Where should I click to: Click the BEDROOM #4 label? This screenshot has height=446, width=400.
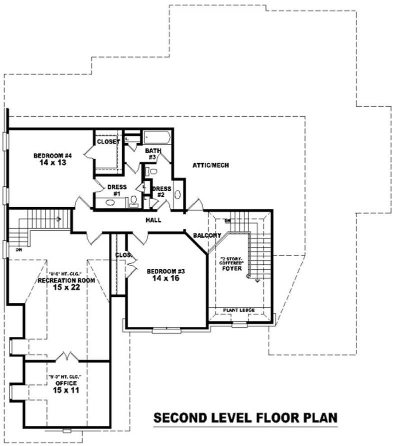point(49,155)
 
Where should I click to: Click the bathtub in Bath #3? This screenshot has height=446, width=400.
point(157,137)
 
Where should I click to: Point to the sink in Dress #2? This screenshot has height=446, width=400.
point(177,199)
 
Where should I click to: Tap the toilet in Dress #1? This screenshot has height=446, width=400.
point(133,201)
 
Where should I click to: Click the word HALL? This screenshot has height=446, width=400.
point(153,220)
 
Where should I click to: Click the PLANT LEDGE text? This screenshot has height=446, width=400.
point(241,310)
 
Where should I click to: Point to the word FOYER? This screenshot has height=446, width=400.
point(233,269)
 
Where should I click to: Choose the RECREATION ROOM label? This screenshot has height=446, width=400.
point(66,281)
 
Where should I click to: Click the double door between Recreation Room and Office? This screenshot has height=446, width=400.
point(66,356)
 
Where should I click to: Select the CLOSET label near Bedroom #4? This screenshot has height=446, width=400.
point(108,142)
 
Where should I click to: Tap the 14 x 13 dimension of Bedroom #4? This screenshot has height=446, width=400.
point(49,163)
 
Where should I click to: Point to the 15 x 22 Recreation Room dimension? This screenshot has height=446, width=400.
point(66,288)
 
